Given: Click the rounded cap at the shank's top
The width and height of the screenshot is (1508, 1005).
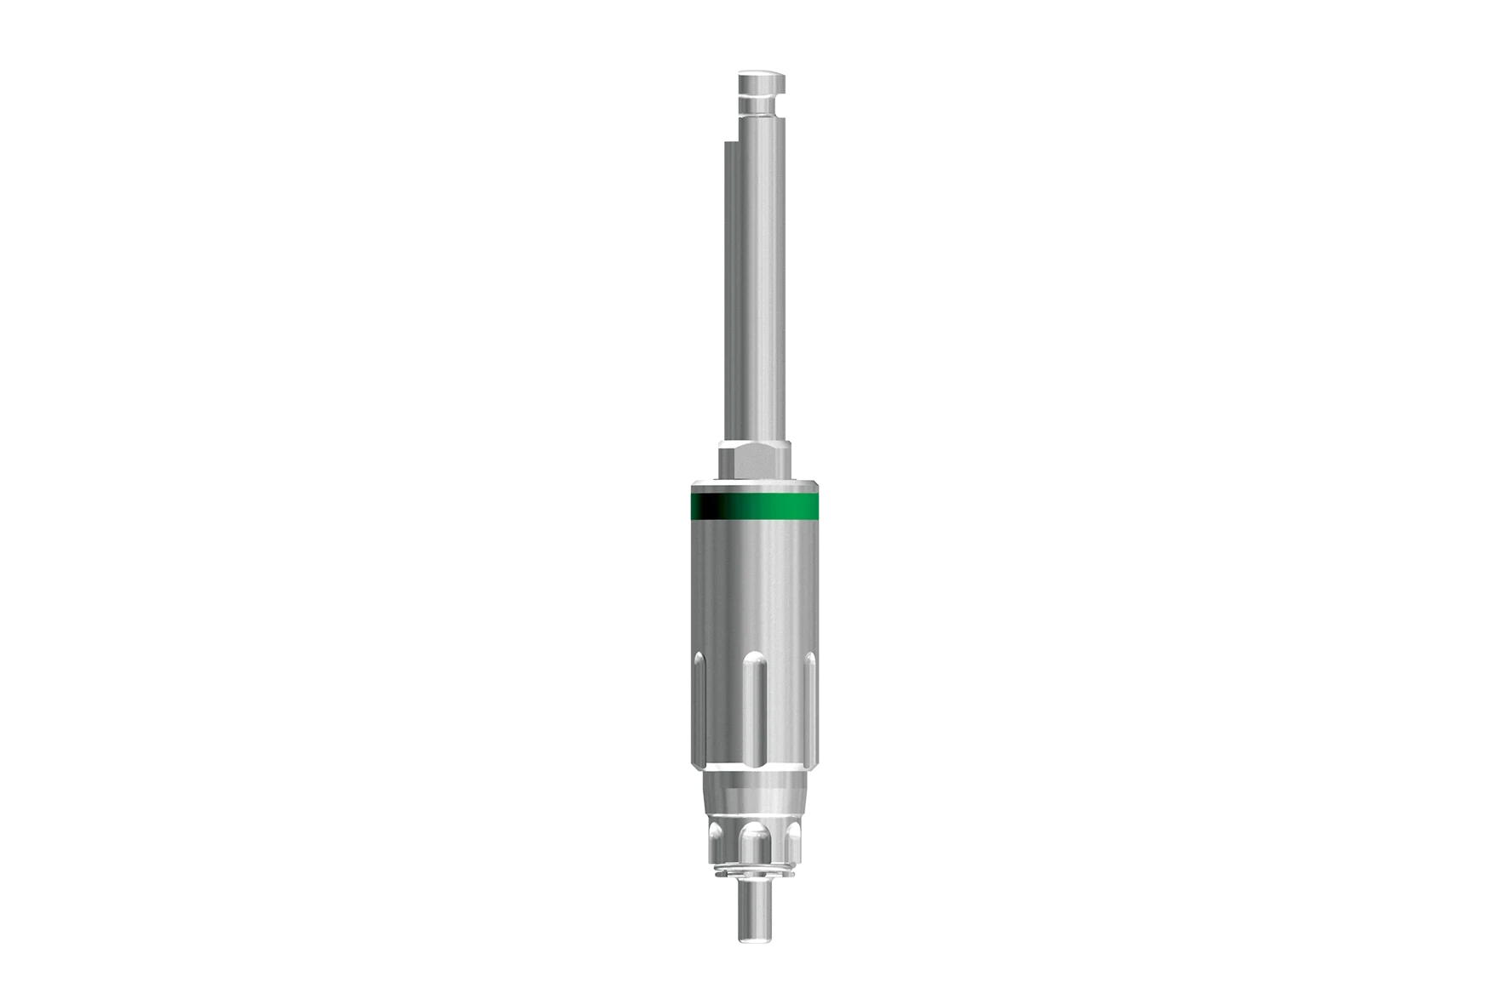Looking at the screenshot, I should click(762, 85).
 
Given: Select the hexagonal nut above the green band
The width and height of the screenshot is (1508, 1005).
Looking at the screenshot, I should click(756, 460).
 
